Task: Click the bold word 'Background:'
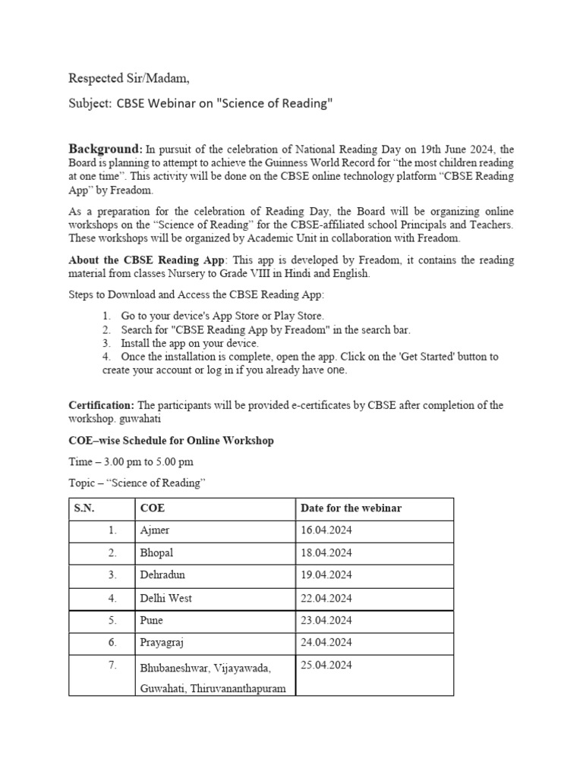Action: click(x=106, y=148)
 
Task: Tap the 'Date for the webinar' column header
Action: click(x=351, y=508)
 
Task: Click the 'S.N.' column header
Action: click(x=84, y=508)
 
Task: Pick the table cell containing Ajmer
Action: click(x=154, y=530)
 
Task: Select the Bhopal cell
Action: click(x=157, y=553)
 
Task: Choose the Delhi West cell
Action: click(x=165, y=598)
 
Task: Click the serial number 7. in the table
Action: click(x=112, y=665)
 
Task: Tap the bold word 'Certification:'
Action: click(x=102, y=405)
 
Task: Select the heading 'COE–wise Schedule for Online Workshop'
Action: click(x=172, y=440)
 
